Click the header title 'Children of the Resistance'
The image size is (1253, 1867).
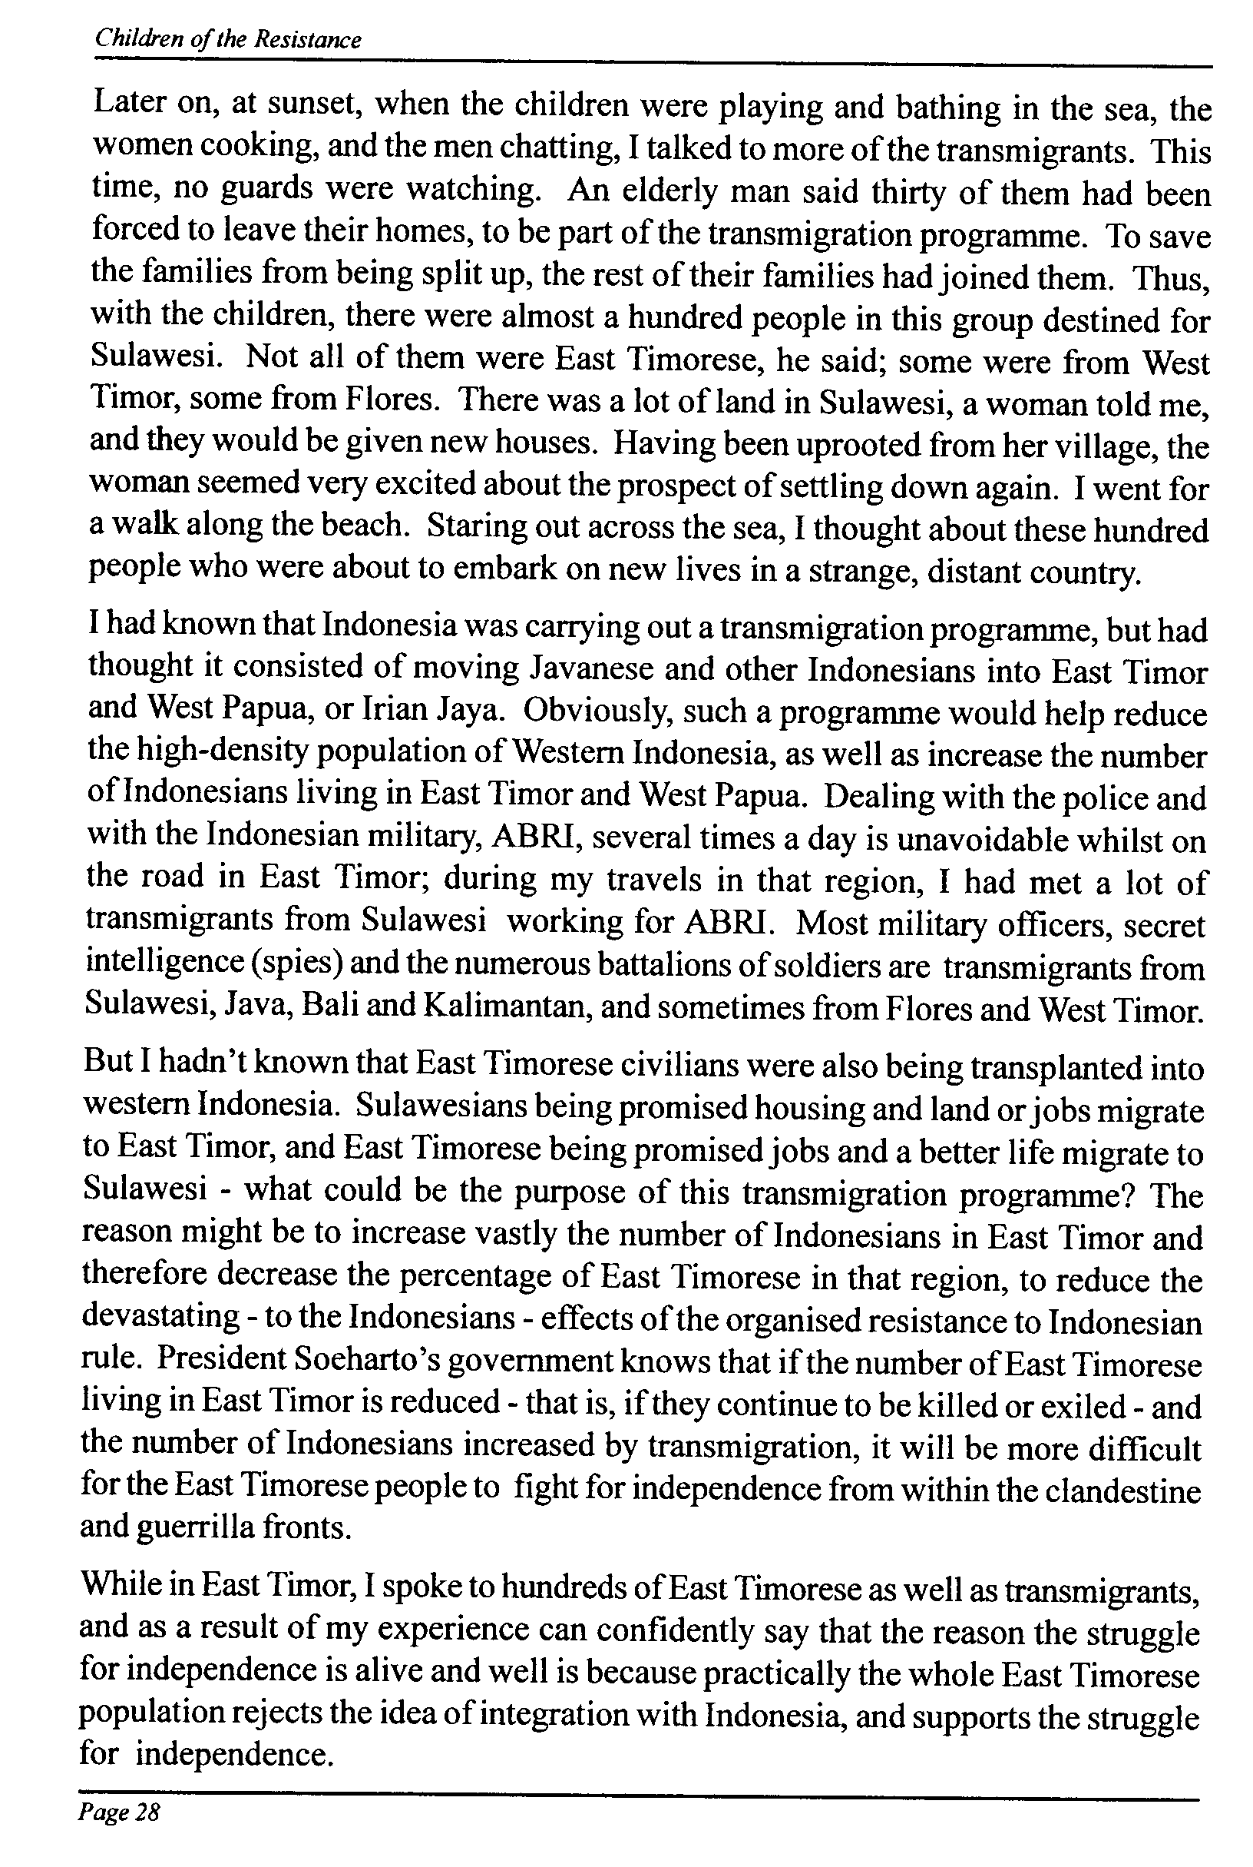(x=228, y=39)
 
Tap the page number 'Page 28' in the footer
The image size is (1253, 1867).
(x=118, y=1811)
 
